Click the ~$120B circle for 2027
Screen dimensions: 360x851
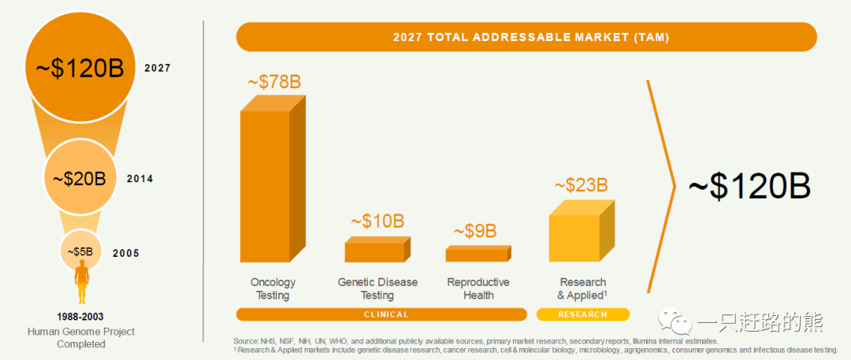[x=80, y=69]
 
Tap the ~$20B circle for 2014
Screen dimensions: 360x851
[x=80, y=179]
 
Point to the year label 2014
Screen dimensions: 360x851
[x=139, y=179]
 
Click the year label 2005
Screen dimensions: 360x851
[x=126, y=253]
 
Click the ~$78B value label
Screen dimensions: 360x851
[x=273, y=82]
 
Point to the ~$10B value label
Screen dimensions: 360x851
[x=377, y=221]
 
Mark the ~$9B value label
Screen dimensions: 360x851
[x=474, y=232]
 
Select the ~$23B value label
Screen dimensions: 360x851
[x=581, y=185]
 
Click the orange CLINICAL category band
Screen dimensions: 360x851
[x=381, y=314]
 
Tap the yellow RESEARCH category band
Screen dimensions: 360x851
[x=583, y=314]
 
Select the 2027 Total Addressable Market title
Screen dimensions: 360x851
[x=526, y=36]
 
